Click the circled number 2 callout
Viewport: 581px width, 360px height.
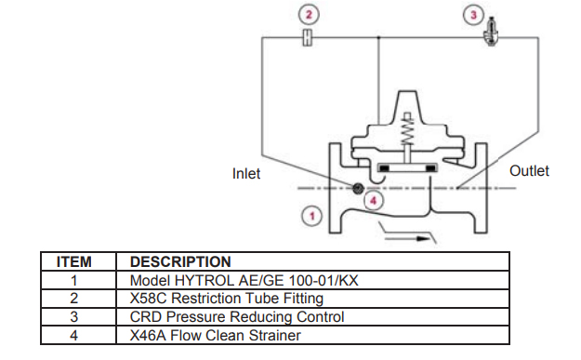coord(309,14)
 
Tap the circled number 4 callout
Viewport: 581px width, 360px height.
coord(374,199)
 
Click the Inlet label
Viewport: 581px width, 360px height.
coord(246,174)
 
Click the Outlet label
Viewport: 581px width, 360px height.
coord(529,171)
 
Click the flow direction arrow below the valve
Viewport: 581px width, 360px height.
coord(413,237)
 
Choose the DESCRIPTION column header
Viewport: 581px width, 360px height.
coord(180,262)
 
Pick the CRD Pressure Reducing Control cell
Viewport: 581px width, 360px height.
coord(236,316)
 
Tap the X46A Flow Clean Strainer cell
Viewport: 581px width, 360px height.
coord(215,335)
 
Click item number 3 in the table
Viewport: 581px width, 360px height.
coord(73,316)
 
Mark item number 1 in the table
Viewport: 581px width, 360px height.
coord(73,280)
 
